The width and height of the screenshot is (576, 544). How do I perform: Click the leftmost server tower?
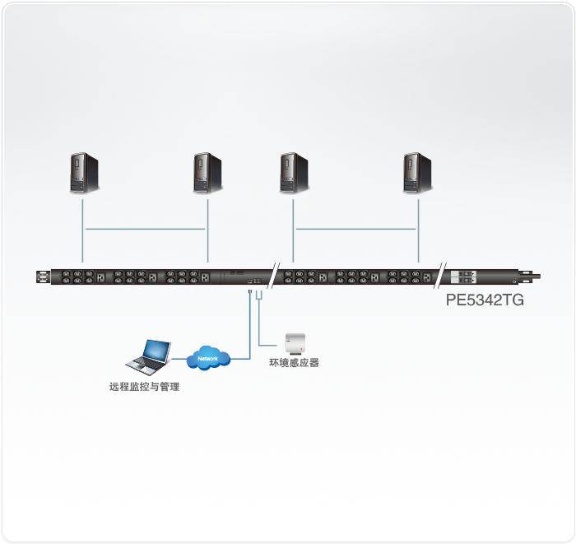coord(84,173)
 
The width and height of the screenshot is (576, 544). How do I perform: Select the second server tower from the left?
coord(207,173)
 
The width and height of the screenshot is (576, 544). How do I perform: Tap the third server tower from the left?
coord(294,173)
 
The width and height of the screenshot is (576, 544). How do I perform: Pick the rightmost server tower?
coord(417,173)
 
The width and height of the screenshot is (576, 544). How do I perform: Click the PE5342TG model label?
coord(485,300)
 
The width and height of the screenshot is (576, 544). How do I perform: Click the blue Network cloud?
coord(208,358)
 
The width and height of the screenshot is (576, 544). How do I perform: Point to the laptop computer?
coord(148,357)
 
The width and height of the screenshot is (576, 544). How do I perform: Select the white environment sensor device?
coord(295,343)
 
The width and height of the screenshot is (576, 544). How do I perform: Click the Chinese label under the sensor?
coord(294,363)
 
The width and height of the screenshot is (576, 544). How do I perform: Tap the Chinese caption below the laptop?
coord(144,387)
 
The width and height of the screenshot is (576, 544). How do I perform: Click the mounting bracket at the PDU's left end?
coord(44,277)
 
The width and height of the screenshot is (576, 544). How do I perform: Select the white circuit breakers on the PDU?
coord(463,277)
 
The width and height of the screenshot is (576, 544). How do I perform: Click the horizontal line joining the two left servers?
coord(145,229)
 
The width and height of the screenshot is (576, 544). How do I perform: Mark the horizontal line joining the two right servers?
coord(355,229)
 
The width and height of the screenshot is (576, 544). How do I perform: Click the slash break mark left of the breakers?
coord(440,276)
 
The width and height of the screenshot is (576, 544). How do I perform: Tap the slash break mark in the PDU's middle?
coord(273,276)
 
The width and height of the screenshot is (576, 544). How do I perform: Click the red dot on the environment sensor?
coord(301,349)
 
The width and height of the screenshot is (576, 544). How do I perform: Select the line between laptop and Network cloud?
coord(179,359)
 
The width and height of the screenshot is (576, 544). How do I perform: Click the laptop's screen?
coord(157,350)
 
